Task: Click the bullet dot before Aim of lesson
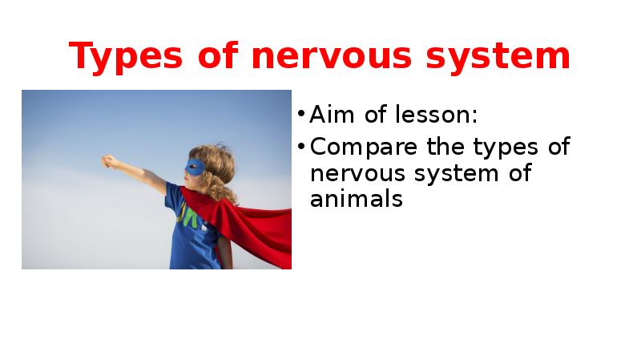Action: point(300,115)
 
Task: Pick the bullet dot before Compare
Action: point(300,147)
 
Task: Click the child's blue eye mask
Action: point(195,168)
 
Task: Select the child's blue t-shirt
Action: point(192,233)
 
